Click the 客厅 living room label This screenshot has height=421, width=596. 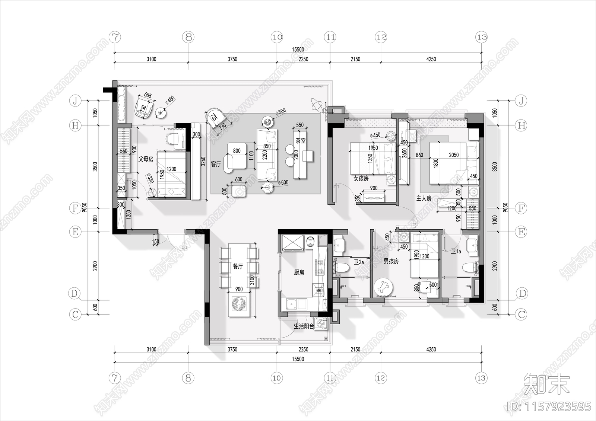click(x=216, y=164)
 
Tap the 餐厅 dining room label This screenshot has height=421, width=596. click(x=238, y=267)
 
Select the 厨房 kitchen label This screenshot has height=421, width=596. click(x=299, y=272)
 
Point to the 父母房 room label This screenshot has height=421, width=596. click(x=146, y=159)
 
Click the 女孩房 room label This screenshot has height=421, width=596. click(x=361, y=179)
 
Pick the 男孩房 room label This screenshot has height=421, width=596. click(x=391, y=261)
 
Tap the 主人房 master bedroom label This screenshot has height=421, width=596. click(x=424, y=198)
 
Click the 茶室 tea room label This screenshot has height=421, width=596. click(x=301, y=141)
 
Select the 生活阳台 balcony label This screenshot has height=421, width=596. click(x=304, y=326)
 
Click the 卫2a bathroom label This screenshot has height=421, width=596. click(x=359, y=262)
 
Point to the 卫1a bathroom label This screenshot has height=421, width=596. click(x=456, y=251)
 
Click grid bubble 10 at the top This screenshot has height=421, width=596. click(x=277, y=37)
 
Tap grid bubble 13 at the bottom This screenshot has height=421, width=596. click(x=481, y=378)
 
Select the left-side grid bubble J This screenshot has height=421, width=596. click(x=75, y=101)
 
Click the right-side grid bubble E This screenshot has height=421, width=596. click(x=521, y=232)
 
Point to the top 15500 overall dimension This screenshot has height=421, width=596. click(x=298, y=49)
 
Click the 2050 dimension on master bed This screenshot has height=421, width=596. click(x=454, y=155)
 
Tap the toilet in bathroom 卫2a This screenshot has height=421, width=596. click(x=341, y=267)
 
